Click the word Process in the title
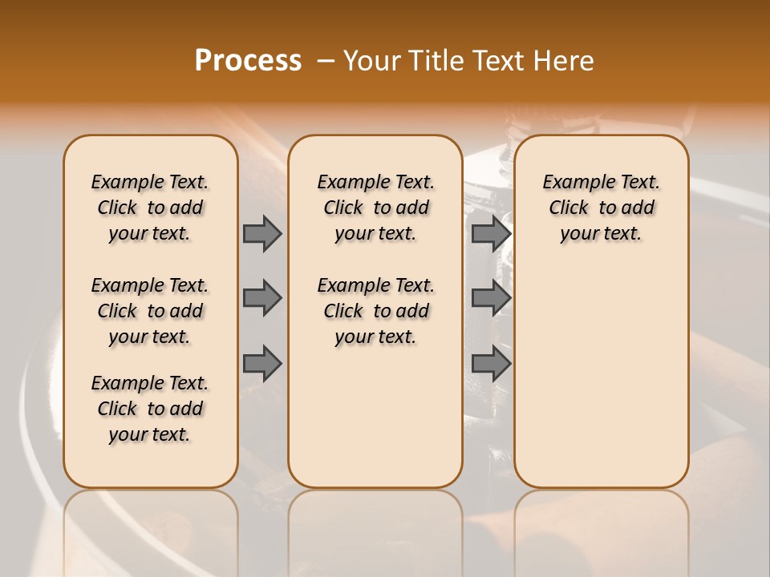coord(248,61)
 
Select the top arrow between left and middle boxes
coord(262,233)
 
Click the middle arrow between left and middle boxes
coord(262,298)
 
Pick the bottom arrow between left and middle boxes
coord(262,363)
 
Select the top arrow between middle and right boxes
coord(491,233)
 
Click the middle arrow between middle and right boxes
coord(491,298)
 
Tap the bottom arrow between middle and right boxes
coord(491,363)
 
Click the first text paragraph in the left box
coord(150,208)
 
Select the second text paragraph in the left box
coord(150,311)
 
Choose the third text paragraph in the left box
coord(150,409)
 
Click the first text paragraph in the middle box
coord(375,208)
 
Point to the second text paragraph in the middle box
coord(375,311)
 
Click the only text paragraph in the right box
coord(601,208)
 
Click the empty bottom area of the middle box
coord(375,425)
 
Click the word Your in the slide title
coord(371,61)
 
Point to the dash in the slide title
coord(325,61)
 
